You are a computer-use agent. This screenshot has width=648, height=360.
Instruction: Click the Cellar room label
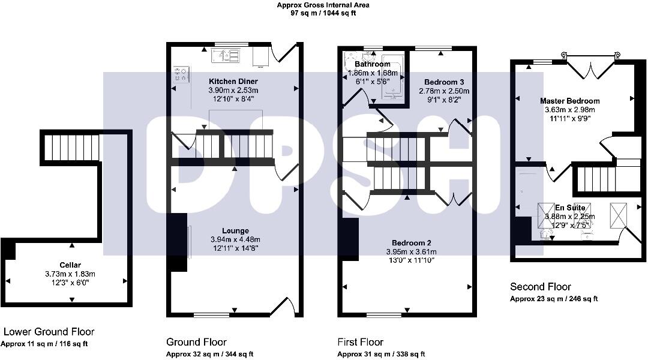pos(70,265)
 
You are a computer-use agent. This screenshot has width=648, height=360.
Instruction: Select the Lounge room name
pos(235,230)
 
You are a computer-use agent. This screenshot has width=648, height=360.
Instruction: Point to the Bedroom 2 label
pos(409,243)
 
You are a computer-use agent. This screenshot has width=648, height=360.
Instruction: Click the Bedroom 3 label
pos(444,82)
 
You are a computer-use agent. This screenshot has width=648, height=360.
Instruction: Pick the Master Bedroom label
pos(569,101)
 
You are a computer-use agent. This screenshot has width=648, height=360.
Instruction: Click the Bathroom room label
pos(372,64)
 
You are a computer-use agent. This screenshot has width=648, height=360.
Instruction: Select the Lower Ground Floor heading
pos(49,331)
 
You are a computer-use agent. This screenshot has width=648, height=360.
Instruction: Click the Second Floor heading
pos(540,287)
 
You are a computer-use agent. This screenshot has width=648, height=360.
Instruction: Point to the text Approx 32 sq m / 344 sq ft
pos(209,354)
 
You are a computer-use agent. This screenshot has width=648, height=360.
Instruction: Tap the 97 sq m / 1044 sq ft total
pos(323,13)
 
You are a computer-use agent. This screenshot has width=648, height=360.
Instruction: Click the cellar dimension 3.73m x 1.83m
pos(70,274)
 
